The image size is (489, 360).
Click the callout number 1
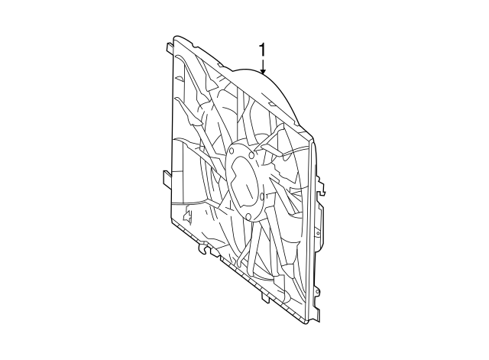click(263, 50)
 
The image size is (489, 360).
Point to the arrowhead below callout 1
click(263, 71)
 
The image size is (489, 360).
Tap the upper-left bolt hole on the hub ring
click(231, 151)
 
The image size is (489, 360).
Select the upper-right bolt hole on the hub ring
click(251, 156)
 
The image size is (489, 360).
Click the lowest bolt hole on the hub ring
click(248, 217)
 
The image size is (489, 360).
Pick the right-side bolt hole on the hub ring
click(261, 196)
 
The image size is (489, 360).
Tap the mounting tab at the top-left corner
click(168, 47)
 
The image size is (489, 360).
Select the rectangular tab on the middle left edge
click(167, 178)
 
